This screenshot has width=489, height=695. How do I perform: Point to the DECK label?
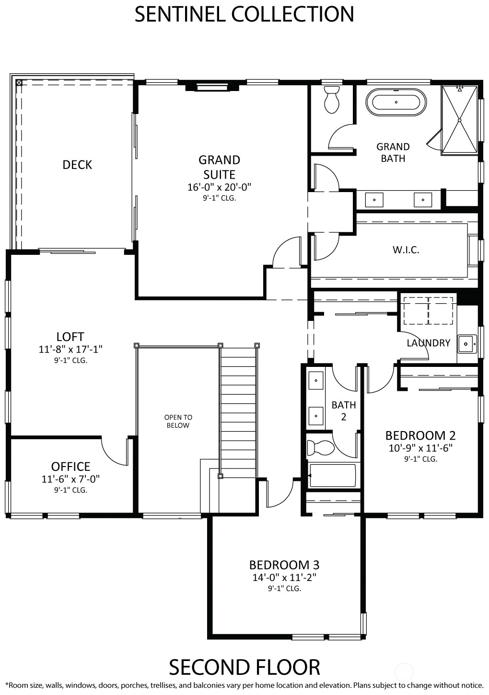[77, 165]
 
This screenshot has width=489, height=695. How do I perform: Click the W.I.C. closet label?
[406, 250]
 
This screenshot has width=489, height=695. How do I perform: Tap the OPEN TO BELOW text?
[178, 422]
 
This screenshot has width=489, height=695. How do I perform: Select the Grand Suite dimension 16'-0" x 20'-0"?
[219, 187]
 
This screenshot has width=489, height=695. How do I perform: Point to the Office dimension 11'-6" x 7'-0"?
[71, 479]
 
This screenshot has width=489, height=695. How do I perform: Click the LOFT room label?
[70, 337]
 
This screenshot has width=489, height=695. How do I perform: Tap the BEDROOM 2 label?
[420, 435]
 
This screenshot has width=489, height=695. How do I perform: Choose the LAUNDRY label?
[429, 343]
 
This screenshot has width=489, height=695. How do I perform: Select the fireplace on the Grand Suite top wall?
[212, 87]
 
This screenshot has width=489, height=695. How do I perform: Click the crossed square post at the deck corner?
[19, 83]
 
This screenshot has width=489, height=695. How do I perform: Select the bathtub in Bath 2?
[332, 476]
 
